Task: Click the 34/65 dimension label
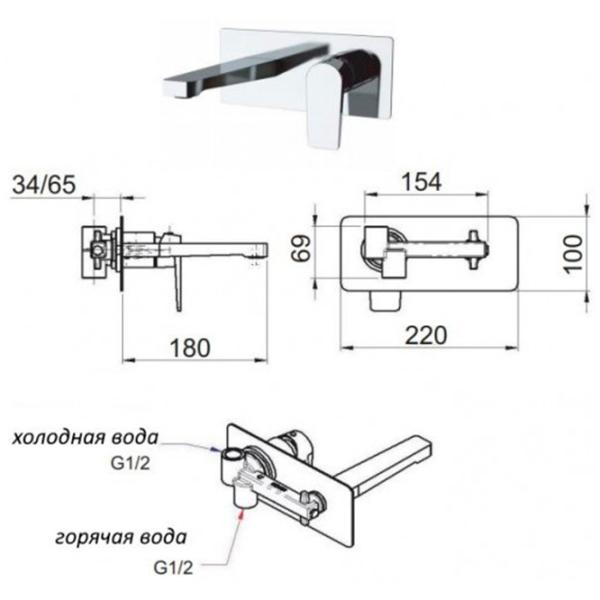click(x=44, y=185)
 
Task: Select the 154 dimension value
click(x=421, y=182)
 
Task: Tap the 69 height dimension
click(x=301, y=248)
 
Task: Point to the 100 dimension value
click(x=574, y=254)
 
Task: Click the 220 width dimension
click(x=426, y=335)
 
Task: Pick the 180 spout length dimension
click(x=190, y=348)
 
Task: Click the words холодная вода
click(x=85, y=437)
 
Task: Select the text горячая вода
click(x=121, y=537)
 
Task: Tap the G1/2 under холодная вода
click(x=130, y=463)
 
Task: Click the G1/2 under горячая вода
click(x=173, y=568)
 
